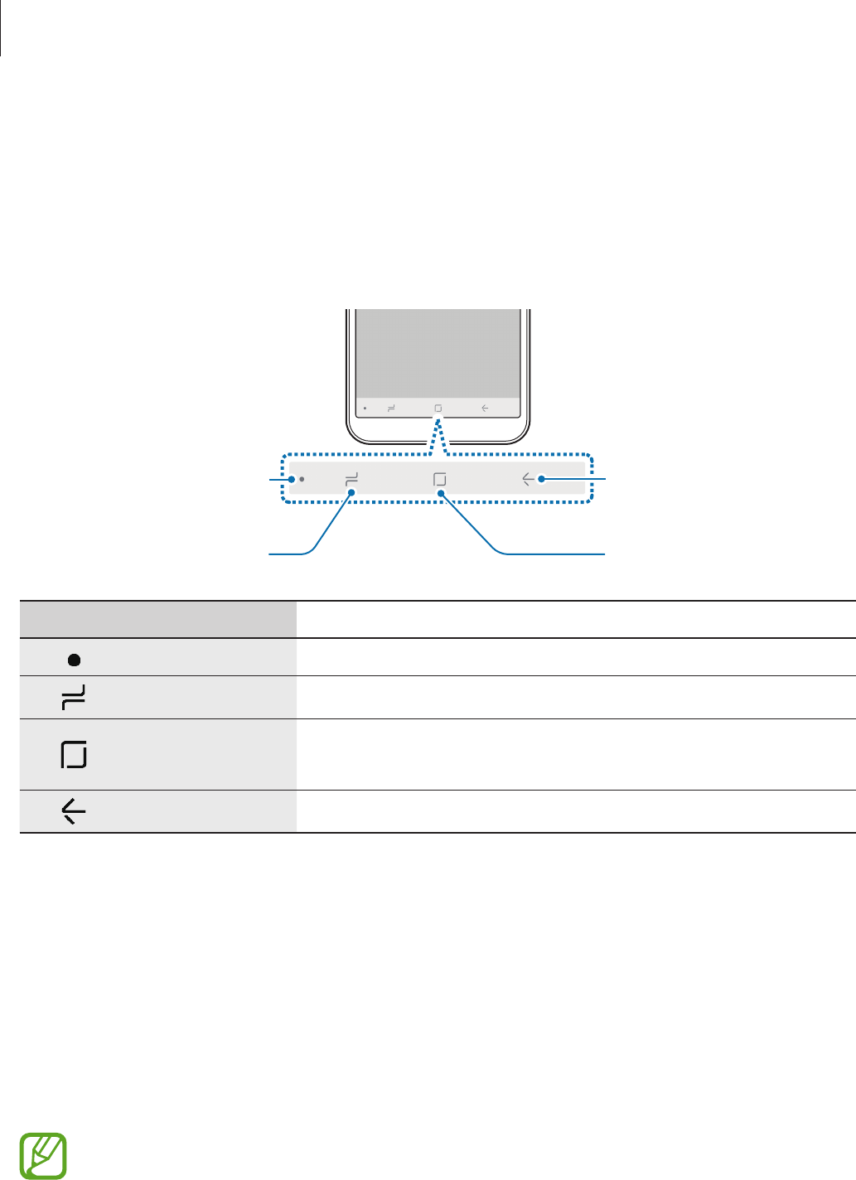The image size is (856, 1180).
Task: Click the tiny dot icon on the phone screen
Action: pos(365,409)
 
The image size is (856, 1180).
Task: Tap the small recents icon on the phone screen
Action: pos(391,409)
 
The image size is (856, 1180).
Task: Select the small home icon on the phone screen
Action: pos(438,409)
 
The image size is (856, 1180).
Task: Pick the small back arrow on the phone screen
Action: pos(485,409)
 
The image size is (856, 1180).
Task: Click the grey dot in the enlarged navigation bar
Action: pos(302,479)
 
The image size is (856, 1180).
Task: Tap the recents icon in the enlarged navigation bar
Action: pos(351,478)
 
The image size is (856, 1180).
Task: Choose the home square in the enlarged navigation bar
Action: pos(440,479)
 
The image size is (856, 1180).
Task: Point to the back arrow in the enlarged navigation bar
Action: pos(529,479)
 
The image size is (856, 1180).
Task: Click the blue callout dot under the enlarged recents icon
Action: pos(352,494)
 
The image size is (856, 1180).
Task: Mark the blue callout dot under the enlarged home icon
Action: pos(443,494)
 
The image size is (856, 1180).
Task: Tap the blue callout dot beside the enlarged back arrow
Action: pos(541,479)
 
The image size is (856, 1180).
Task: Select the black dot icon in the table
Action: pos(74,660)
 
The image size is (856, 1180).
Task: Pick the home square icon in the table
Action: pos(74,755)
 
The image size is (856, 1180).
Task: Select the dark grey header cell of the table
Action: pos(158,620)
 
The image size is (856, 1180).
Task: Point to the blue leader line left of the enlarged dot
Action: pos(280,478)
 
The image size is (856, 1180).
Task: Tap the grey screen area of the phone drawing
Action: pos(438,352)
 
